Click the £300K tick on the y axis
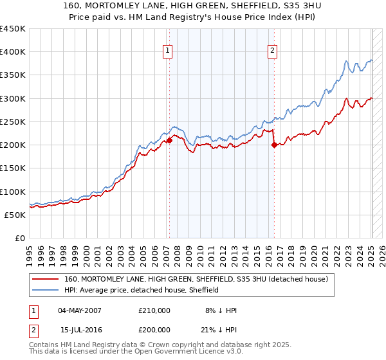coord(12,98)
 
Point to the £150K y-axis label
coord(12,168)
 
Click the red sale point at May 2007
coord(169,139)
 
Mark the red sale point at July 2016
coord(275,145)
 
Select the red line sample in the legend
coord(45,280)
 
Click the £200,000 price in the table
coord(154,329)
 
